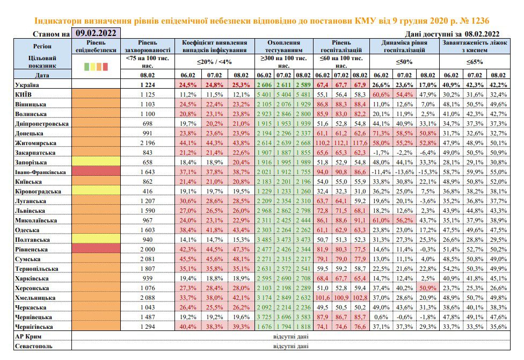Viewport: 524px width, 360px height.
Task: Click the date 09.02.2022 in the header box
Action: (96, 33)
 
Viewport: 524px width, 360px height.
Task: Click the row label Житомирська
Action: (35, 143)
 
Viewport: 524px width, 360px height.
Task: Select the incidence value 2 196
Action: (147, 143)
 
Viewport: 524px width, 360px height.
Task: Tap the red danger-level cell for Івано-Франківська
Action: (96, 172)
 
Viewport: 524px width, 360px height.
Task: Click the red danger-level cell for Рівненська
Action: (96, 249)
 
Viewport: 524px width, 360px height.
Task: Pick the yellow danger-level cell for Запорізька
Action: (96, 162)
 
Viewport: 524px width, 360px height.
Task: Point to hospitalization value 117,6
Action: (360, 143)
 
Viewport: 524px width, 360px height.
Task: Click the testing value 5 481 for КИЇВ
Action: (303, 95)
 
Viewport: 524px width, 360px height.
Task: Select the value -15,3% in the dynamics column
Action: (428, 172)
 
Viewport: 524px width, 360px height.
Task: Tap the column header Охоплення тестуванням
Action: (283, 47)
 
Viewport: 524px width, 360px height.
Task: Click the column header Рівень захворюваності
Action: (147, 47)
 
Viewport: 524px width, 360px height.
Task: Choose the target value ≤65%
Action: (475, 62)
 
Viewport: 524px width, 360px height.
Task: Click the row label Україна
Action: (27, 85)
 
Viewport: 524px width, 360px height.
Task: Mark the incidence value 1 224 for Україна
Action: (147, 85)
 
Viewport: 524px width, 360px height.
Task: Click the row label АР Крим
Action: (28, 336)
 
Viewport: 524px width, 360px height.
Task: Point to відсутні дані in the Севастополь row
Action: (291, 346)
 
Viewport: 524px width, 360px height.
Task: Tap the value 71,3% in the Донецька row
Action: (381, 133)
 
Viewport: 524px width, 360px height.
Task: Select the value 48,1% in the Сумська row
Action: (241, 259)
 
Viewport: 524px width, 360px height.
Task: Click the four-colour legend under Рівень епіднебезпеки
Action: (96, 67)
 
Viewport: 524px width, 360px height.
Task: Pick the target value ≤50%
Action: (404, 62)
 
